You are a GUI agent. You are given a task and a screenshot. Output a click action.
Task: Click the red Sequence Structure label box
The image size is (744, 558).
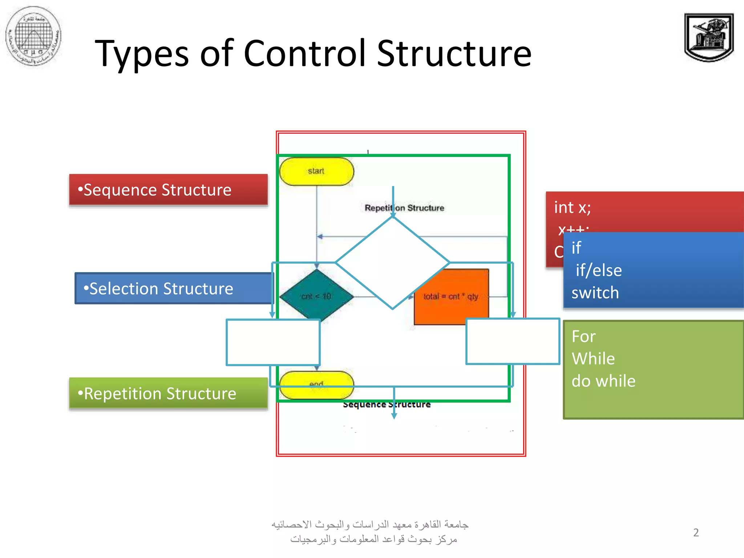point(168,190)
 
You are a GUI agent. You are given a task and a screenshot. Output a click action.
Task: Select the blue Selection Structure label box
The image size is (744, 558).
point(174,288)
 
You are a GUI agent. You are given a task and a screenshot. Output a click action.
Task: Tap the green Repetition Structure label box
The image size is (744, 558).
point(168,393)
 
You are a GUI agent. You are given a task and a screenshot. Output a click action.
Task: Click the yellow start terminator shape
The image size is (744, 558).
point(316,171)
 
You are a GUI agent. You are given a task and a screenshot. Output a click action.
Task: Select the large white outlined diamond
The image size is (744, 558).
point(392,262)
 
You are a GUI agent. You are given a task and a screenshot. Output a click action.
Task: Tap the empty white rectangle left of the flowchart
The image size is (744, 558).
point(273,342)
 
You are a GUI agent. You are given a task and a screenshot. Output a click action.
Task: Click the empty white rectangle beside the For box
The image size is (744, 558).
point(513,341)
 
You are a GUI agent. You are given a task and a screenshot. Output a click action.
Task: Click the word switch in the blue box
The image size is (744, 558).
point(595,293)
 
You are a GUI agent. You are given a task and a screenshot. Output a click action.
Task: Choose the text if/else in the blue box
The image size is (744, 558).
point(599,270)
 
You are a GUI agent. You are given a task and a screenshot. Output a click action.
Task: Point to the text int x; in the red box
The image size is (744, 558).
point(573,207)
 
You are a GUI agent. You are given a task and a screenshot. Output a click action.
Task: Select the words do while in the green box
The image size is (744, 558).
point(603,381)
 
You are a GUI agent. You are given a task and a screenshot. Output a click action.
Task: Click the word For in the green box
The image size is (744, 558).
point(583,336)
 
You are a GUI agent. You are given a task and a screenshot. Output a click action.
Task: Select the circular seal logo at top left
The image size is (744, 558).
point(33,36)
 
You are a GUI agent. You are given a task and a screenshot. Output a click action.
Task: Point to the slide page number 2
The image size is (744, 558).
point(696,533)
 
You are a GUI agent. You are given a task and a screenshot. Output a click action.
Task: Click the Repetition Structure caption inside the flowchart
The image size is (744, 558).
point(404,208)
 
